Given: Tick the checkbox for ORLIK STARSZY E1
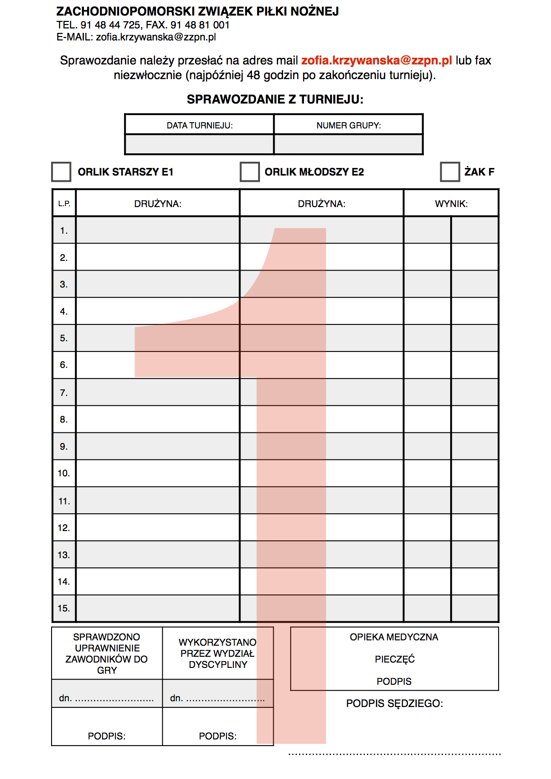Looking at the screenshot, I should pos(61,172).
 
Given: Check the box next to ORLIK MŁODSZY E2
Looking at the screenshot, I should pos(250,172).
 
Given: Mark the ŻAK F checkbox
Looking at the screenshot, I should pos(450,172).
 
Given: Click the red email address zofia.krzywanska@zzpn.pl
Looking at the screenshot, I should pos(376,60).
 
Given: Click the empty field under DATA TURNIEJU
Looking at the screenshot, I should pos(200,144).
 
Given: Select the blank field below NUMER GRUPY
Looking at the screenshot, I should pos(348,144).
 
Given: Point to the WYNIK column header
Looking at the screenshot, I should pos(451,204).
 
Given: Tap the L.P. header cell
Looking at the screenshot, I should pos(64,204).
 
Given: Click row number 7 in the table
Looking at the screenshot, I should pos(64,393).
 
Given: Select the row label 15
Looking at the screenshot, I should pos(64,608).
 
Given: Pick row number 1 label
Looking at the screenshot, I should pos(64,231).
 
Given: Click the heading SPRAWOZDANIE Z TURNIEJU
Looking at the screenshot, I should pos(275,100).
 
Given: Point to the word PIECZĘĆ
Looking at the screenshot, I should pos(395,659).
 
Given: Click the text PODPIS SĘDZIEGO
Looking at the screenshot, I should pos(395,703).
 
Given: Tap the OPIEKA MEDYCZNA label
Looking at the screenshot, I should pos(394,637).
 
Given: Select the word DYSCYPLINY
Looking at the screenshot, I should pos(218,665).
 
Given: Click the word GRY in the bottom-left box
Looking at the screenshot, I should pos(107,671).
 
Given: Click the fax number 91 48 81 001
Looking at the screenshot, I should pos(200,25).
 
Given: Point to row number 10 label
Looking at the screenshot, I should pos(64,473).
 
